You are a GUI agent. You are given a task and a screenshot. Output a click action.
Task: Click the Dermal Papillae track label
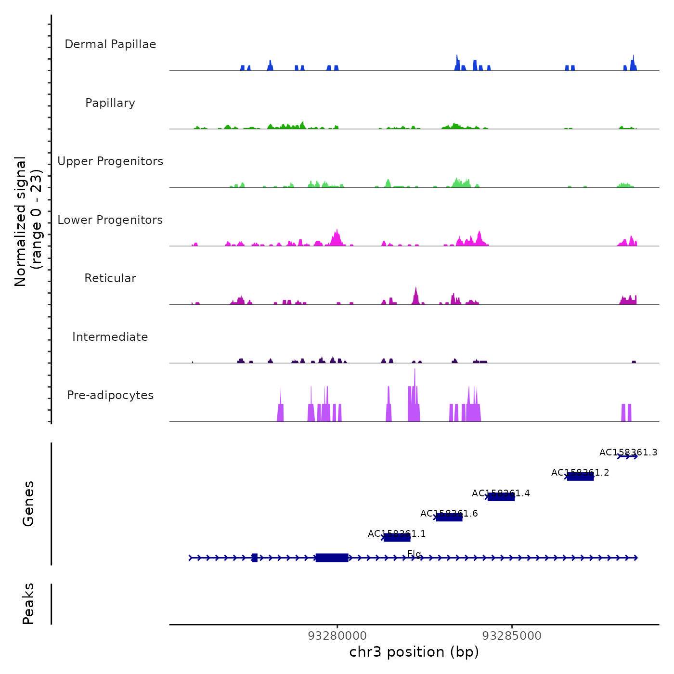tap(110, 44)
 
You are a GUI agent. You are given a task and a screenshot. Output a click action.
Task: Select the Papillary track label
tap(110, 103)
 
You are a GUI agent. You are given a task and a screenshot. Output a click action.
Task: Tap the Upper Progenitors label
tap(110, 161)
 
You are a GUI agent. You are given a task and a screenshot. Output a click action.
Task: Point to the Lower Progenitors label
tap(110, 220)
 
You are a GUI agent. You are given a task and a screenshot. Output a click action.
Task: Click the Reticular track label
tap(110, 278)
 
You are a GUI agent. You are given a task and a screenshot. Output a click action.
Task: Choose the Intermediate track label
tap(110, 337)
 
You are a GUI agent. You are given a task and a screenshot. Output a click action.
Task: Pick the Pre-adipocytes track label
tap(110, 395)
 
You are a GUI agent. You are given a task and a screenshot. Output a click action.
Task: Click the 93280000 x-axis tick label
tap(337, 636)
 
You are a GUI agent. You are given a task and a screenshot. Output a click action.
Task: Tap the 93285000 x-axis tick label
tap(512, 636)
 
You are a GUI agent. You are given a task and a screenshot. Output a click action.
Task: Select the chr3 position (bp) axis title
tap(414, 652)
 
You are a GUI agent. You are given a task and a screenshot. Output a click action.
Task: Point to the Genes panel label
tap(28, 504)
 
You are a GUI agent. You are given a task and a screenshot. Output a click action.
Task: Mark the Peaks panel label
tap(28, 604)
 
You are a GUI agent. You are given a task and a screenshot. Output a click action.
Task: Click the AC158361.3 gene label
tap(628, 452)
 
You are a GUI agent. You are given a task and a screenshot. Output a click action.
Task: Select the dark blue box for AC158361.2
tap(580, 477)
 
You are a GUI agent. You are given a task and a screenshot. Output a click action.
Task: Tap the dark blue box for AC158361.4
tap(501, 497)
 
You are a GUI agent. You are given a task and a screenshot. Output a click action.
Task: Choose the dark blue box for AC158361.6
tap(449, 517)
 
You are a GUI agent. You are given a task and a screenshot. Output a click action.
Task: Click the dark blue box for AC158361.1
tap(397, 538)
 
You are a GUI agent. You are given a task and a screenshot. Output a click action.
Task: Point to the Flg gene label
tap(414, 554)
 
